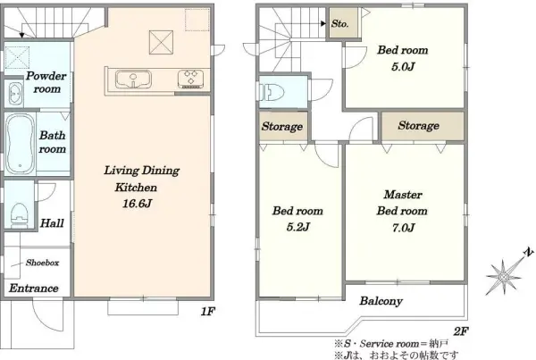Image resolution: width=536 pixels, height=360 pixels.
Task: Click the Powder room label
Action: [46, 82]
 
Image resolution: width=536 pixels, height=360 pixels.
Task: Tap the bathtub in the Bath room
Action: [21, 144]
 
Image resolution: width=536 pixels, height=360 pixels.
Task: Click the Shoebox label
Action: [42, 263]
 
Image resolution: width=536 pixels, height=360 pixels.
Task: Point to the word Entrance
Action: [34, 289]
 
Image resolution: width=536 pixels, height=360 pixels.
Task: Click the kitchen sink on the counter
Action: [133, 80]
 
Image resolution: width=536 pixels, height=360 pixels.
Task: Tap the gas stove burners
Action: [190, 79]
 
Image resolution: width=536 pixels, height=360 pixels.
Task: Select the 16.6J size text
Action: [137, 204]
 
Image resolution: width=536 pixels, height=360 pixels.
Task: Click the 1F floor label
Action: [207, 312]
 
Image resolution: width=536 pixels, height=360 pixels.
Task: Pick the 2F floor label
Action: [461, 331]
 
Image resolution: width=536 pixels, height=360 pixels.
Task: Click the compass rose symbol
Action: [504, 277]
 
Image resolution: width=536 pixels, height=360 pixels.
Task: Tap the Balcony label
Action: [381, 301]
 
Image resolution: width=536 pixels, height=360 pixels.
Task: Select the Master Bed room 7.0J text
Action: [402, 211]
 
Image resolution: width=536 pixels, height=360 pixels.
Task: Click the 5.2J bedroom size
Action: [298, 227]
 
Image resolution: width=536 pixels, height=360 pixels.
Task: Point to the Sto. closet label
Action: [339, 23]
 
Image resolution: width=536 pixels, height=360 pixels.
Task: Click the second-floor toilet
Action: [272, 92]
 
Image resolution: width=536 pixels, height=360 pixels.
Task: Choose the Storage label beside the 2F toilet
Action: [282, 127]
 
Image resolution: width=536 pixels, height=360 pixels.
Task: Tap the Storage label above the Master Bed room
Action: [418, 125]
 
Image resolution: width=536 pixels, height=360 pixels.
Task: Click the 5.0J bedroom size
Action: [403, 66]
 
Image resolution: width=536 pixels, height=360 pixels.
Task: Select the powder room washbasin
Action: [14, 93]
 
